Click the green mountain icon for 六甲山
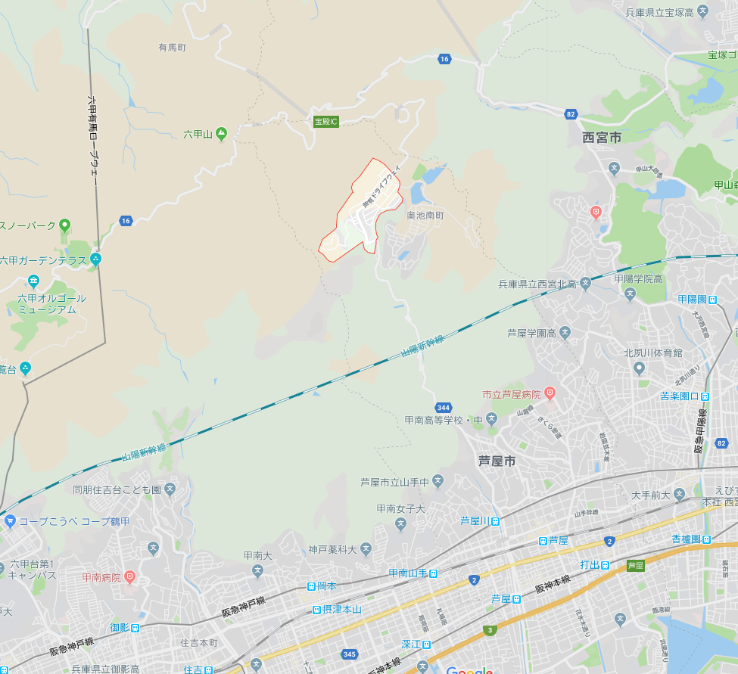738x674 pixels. [221, 134]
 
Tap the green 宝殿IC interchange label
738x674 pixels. [325, 121]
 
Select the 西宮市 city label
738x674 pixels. [602, 138]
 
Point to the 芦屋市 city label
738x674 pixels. [497, 460]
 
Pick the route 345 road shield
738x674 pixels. [349, 654]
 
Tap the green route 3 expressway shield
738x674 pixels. [490, 629]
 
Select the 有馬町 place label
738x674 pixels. [172, 48]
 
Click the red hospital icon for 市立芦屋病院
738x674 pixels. [550, 393]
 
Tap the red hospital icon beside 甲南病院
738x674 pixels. [129, 577]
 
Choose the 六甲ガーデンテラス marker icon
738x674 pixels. [95, 259]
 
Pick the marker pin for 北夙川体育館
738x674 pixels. [639, 368]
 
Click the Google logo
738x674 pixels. [469, 669]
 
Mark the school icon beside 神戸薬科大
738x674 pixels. [366, 549]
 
